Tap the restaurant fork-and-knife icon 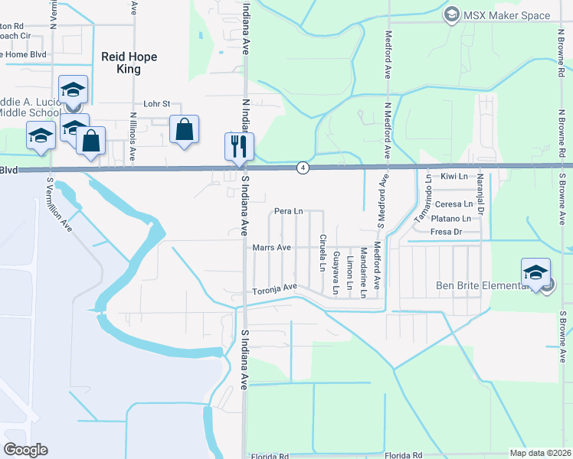click(x=239, y=145)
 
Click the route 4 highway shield click(x=303, y=168)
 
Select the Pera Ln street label click(x=289, y=210)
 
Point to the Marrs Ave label click(x=272, y=248)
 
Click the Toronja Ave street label click(x=275, y=288)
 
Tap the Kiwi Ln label click(x=454, y=177)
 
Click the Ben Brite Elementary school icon click(x=535, y=272)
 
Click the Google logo click(x=26, y=449)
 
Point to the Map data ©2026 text click(x=539, y=453)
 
